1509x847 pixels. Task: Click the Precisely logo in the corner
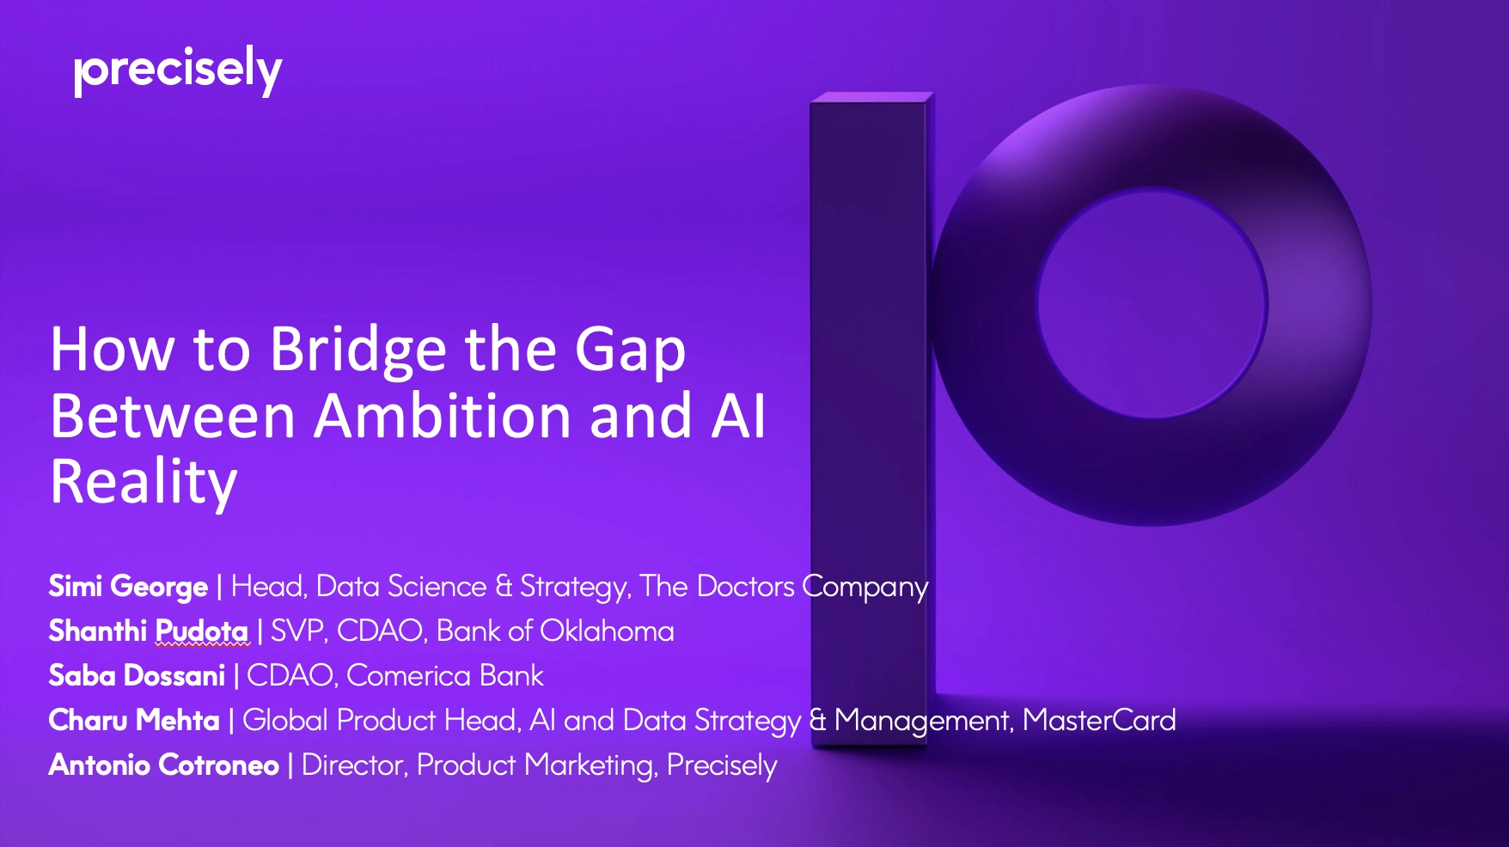pyautogui.click(x=178, y=70)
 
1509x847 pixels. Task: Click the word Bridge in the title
pyautogui.click(x=358, y=350)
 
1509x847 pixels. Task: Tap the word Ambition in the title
pyautogui.click(x=443, y=417)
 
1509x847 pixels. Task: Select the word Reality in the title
pyautogui.click(x=144, y=483)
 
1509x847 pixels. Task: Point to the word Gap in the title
pyautogui.click(x=630, y=350)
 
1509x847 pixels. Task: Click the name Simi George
pyautogui.click(x=128, y=587)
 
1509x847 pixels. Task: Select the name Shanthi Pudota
pyautogui.click(x=148, y=631)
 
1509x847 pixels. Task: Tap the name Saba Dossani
pyautogui.click(x=137, y=676)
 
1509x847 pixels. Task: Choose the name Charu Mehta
pyautogui.click(x=134, y=721)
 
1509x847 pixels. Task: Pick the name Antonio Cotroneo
pyautogui.click(x=163, y=765)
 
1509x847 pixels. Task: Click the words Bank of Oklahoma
pyautogui.click(x=555, y=631)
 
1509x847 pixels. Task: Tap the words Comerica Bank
pyautogui.click(x=444, y=676)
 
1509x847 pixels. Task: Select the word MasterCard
pyautogui.click(x=1099, y=721)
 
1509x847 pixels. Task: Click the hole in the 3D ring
pyautogui.click(x=1152, y=302)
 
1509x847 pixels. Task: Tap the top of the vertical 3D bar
pyautogui.click(x=870, y=97)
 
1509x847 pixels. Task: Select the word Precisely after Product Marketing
pyautogui.click(x=722, y=765)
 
